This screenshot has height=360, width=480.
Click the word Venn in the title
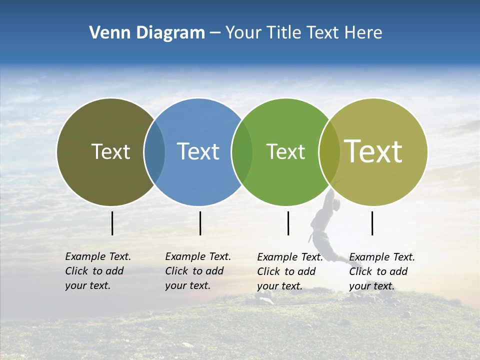point(106,33)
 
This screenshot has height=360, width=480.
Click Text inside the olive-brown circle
point(110,151)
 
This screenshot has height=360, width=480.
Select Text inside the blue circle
point(198,151)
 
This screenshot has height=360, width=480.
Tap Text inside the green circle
point(285,151)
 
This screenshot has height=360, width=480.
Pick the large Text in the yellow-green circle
point(373,151)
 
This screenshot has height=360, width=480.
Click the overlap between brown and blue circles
point(154,152)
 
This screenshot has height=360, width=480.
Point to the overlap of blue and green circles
point(242,152)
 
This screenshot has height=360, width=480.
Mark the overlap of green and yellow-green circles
point(329,152)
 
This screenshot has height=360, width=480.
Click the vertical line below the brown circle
point(112,223)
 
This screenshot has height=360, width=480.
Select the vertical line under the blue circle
point(200,223)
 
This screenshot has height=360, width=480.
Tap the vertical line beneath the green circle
point(288,223)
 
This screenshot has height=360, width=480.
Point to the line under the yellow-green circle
point(372,223)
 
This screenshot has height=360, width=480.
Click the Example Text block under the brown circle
point(97,271)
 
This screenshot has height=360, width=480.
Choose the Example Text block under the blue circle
point(197,271)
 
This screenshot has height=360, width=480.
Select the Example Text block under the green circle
point(289,271)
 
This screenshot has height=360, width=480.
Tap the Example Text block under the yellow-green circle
point(381,271)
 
